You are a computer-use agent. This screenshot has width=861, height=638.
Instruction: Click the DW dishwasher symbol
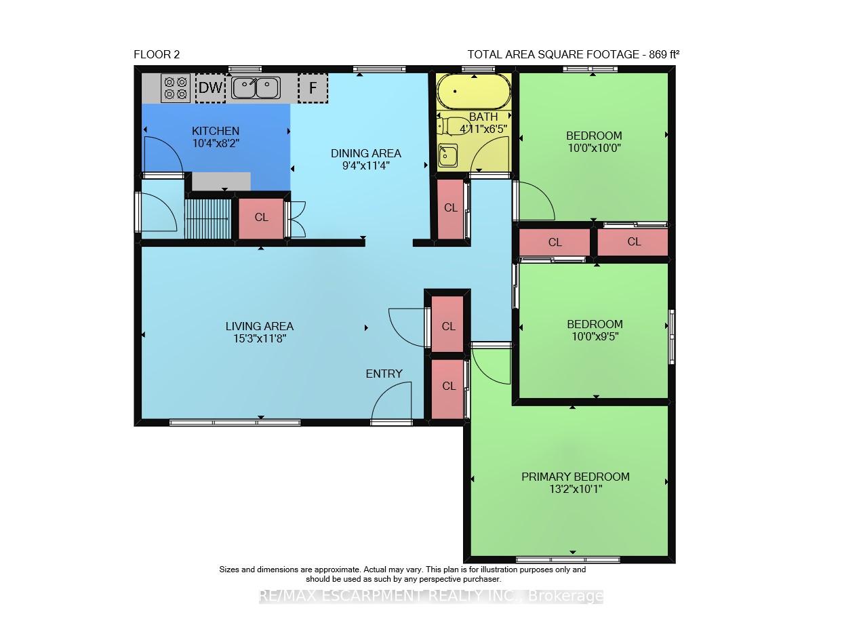pos(210,87)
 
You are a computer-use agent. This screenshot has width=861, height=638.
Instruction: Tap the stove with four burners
pos(176,87)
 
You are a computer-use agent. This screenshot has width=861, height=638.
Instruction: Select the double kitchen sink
pos(256,87)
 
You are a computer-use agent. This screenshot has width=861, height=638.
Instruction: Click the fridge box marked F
pos(313,87)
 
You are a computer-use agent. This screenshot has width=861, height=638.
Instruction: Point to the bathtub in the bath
pos(474,92)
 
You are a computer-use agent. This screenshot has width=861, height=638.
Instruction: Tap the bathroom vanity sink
pos(447,156)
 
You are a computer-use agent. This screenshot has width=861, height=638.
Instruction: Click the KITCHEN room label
pos(216,131)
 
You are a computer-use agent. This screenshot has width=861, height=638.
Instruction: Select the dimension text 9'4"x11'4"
pos(365,166)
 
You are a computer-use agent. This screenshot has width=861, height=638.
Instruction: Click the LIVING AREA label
pos(259,326)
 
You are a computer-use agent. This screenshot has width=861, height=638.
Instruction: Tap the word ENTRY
pos(384,374)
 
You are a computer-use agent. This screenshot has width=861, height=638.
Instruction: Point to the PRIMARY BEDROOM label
pos(576,477)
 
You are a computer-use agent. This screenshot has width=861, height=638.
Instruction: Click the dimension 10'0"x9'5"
pos(595,336)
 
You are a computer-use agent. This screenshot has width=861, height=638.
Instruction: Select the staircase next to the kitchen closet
pos(207,218)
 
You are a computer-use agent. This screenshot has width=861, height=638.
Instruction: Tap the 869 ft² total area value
pos(664,54)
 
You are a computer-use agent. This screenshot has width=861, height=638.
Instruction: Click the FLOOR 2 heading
pos(157,54)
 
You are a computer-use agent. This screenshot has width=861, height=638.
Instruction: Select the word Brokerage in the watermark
pos(565,596)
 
